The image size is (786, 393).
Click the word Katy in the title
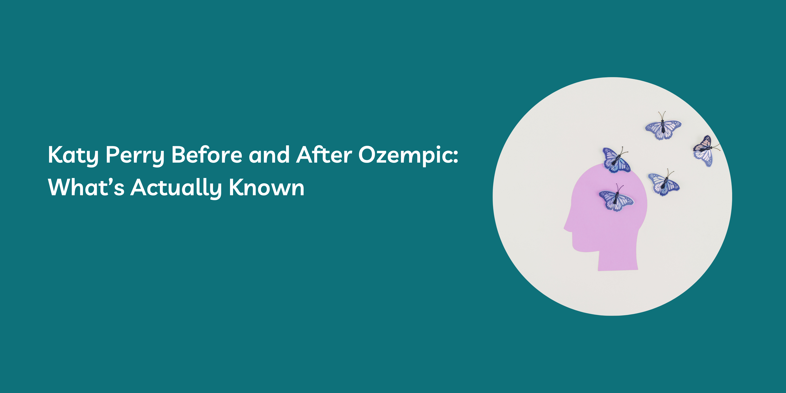pos(73,156)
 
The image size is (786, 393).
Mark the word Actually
pos(176,188)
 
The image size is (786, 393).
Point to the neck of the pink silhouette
pos(618,259)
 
